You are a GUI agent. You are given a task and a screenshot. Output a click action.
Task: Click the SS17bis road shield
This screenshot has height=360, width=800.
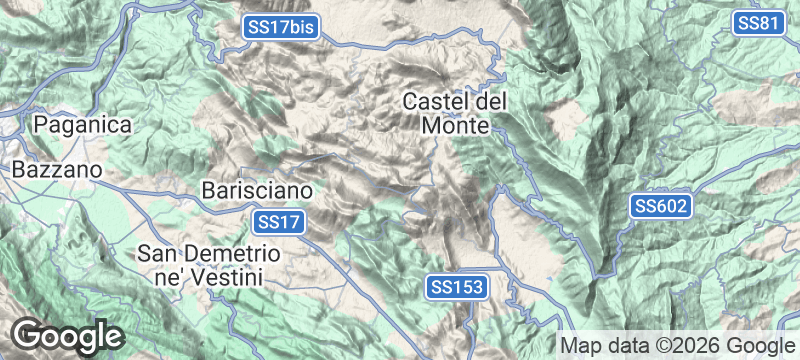tap(281, 29)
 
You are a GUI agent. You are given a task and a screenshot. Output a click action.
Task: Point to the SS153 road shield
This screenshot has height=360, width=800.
tap(458, 287)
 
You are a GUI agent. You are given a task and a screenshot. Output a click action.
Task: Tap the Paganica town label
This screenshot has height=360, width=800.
tap(83, 125)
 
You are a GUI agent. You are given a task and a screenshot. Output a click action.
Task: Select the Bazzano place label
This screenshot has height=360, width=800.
tap(57, 171)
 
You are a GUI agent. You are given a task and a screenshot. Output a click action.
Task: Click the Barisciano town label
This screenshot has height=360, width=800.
tap(258, 189)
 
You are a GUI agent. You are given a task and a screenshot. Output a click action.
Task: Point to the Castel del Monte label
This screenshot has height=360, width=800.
tap(456, 114)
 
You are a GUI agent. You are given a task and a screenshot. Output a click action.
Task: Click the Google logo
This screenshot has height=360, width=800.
tap(67, 335)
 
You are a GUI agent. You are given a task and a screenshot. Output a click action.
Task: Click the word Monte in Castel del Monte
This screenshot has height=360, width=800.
tap(455, 127)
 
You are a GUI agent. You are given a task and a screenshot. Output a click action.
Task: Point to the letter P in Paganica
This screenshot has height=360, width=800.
tap(41, 125)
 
